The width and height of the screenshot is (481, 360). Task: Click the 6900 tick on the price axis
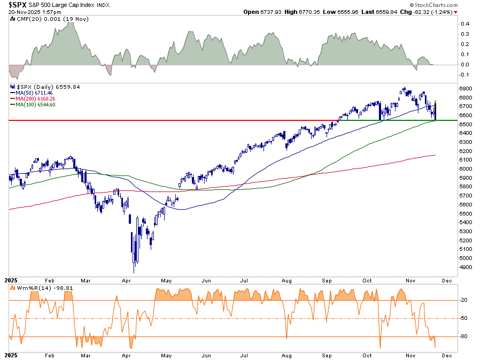tap(465, 88)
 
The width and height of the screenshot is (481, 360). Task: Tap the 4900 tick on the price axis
tap(465, 267)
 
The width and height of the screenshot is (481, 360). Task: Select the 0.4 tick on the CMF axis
tap(465, 24)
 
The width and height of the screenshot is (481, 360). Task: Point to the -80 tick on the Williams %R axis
tap(464, 336)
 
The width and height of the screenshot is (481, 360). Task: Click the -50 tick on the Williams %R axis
tap(464, 318)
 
